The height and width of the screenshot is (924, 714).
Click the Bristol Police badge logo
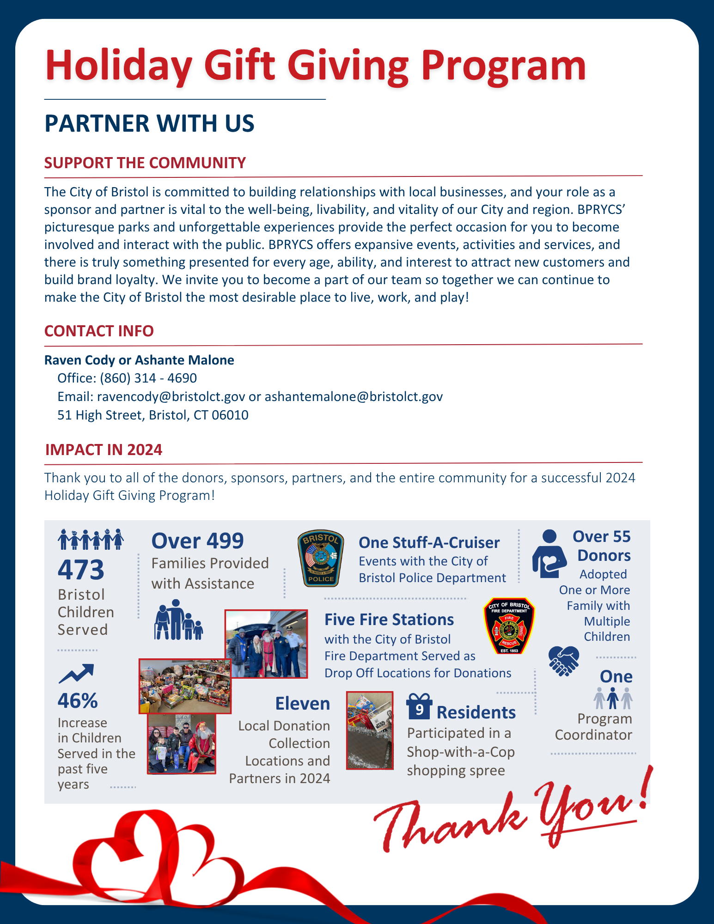(321, 558)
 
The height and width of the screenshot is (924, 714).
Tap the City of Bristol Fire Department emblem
(509, 626)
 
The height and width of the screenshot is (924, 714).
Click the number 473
(81, 570)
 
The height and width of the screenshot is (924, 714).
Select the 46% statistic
(78, 701)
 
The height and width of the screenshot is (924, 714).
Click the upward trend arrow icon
(76, 674)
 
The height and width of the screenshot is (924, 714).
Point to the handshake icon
(563, 661)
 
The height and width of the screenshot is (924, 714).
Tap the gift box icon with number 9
(419, 707)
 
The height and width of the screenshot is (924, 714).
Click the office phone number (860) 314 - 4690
(148, 378)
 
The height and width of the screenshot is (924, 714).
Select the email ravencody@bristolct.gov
(171, 397)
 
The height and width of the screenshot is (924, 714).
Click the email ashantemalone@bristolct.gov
(354, 397)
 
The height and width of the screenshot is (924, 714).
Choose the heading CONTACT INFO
(99, 331)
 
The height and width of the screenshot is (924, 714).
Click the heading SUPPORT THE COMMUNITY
(145, 163)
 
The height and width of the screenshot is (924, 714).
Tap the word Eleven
(303, 704)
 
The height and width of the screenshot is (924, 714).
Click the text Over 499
(197, 541)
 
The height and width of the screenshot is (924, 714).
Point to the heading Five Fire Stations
(389, 620)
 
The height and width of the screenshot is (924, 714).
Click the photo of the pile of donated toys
(185, 686)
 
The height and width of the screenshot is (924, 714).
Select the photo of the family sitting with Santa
(182, 744)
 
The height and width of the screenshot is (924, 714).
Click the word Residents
(476, 712)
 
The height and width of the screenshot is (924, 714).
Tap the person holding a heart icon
(549, 554)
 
